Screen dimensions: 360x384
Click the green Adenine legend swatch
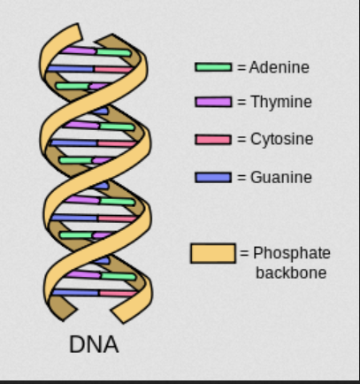point(213,67)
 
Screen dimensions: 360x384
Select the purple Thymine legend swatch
point(213,102)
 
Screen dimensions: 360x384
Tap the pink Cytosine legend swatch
point(213,140)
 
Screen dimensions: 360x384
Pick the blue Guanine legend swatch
point(213,178)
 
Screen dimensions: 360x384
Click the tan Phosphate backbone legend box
point(213,253)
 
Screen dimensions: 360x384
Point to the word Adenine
point(279,67)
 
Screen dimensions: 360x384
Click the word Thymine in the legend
point(281,102)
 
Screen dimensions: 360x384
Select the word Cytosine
point(281,139)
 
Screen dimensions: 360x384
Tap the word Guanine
point(281,177)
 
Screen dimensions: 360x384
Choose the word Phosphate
point(292,253)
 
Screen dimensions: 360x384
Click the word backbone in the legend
point(291,273)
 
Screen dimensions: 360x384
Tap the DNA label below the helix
point(94,344)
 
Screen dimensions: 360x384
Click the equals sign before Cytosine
point(241,140)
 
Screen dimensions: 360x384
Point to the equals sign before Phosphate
point(244,253)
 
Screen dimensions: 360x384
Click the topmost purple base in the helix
point(79,50)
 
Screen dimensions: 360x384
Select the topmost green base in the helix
point(114,52)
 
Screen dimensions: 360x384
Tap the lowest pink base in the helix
point(119,294)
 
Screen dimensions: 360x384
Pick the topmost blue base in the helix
point(71,69)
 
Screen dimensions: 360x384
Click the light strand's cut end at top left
point(80,31)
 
